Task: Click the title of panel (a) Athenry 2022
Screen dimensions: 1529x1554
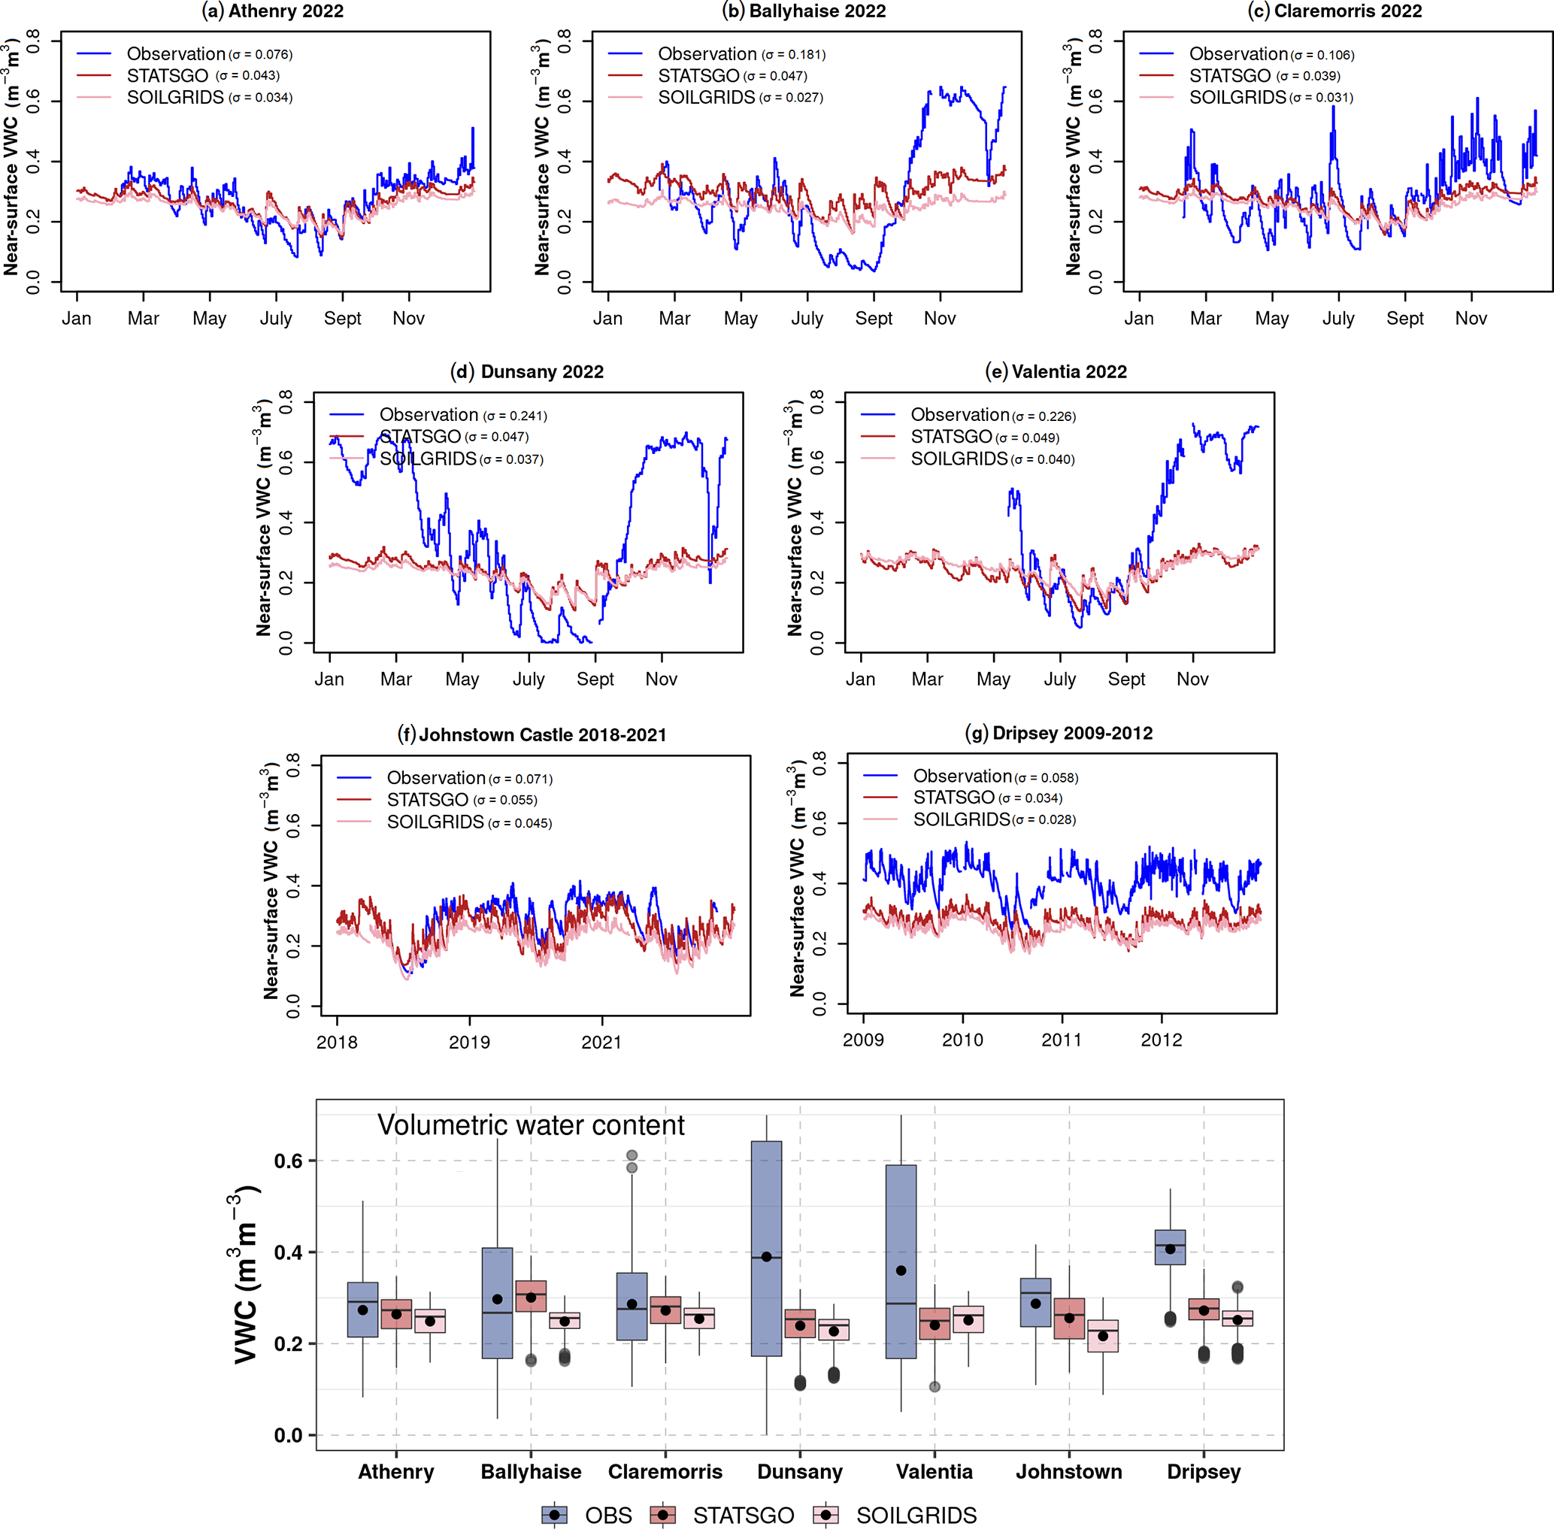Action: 272,11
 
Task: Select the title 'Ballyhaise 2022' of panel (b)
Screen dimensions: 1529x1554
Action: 804,11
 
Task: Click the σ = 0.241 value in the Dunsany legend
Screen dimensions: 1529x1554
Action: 515,416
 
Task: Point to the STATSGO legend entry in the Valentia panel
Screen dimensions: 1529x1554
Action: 952,437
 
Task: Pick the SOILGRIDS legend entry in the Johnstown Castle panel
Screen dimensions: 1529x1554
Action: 435,822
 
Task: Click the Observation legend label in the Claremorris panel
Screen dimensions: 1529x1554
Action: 1238,54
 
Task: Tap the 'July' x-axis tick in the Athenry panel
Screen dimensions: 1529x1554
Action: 276,319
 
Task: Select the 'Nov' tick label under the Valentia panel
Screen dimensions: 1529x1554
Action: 1192,680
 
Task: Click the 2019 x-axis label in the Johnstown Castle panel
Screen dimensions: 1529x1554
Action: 469,1043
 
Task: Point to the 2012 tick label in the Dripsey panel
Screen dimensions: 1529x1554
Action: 1162,1040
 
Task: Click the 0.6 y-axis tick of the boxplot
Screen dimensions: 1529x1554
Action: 288,1161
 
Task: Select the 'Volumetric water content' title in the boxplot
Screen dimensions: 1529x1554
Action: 531,1125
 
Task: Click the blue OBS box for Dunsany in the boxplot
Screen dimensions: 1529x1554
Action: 766,1249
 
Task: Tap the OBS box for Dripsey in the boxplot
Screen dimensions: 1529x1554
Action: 1170,1247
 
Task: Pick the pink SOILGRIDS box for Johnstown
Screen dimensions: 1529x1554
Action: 1103,1337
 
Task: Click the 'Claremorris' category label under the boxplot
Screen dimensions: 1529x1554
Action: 665,1472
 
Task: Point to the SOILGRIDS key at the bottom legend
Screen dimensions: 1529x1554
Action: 916,1515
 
